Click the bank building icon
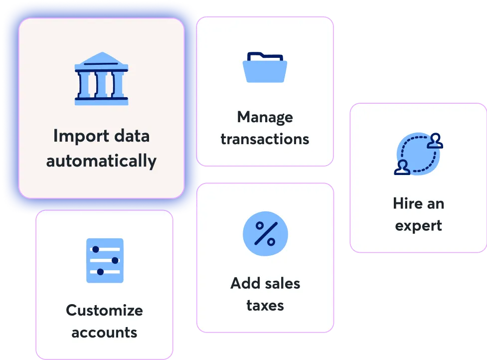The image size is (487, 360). tap(101, 79)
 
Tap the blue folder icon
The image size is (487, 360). tap(265, 67)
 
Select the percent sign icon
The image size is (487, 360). tap(265, 234)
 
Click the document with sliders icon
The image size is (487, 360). tap(105, 260)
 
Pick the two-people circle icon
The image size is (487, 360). tap(419, 154)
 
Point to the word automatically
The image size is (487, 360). tap(101, 161)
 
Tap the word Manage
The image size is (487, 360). tap(265, 117)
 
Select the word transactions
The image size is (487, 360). tap(265, 139)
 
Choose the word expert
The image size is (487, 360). tap(418, 225)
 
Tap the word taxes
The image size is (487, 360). tap(265, 305)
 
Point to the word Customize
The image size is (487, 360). tap(104, 310)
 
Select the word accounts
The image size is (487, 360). tap(104, 332)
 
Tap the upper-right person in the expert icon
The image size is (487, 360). tap(436, 141)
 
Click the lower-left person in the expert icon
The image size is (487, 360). tap(401, 168)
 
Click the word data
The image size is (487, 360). tap(131, 136)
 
